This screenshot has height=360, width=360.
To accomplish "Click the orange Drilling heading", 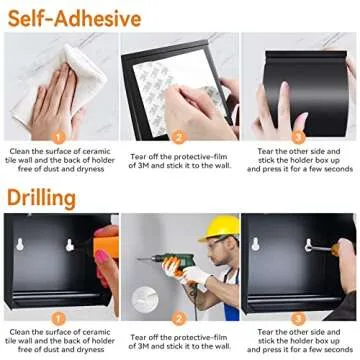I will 42,197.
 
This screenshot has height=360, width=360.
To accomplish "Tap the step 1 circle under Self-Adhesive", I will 59,138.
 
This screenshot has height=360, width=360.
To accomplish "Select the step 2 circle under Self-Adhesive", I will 179,138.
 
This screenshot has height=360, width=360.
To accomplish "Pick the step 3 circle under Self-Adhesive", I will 299,138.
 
